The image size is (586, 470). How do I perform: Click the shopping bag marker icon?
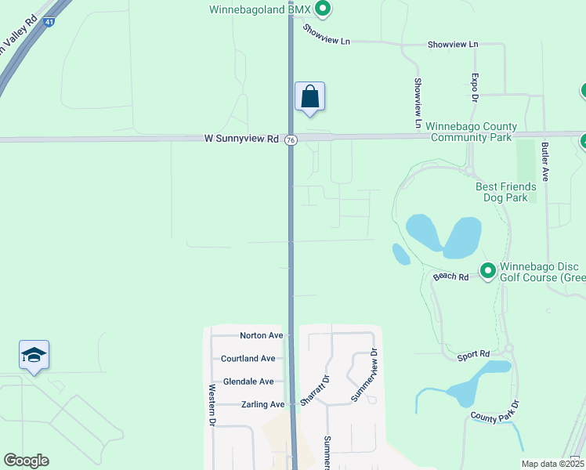309,97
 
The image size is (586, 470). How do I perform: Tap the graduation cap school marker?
34,356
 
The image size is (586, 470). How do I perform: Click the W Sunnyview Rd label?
241,139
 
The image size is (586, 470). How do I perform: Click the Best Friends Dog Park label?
506,193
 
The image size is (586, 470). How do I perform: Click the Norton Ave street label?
261,335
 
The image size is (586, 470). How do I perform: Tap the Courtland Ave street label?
248,358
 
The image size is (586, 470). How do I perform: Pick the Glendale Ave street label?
248,381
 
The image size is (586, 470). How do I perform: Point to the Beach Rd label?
450,277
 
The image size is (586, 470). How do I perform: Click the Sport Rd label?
473,355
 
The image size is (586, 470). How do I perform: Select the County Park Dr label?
495,412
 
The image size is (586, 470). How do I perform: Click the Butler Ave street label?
544,161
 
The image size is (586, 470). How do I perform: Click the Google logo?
26,461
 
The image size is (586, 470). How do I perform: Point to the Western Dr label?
212,404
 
